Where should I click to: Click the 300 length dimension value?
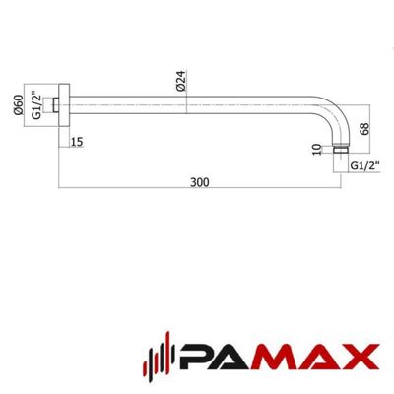pyautogui.click(x=200, y=182)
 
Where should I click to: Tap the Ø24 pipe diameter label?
pyautogui.click(x=181, y=81)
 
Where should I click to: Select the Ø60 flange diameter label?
pyautogui.click(x=19, y=104)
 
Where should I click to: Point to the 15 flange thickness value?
pyautogui.click(x=77, y=143)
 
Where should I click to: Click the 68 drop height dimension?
pyautogui.click(x=364, y=128)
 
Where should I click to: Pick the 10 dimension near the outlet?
pyautogui.click(x=316, y=150)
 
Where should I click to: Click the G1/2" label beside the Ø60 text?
pyautogui.click(x=36, y=105)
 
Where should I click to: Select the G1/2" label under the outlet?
pyautogui.click(x=365, y=165)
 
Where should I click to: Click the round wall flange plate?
pyautogui.click(x=64, y=105)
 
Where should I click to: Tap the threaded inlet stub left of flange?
pyautogui.click(x=55, y=105)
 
